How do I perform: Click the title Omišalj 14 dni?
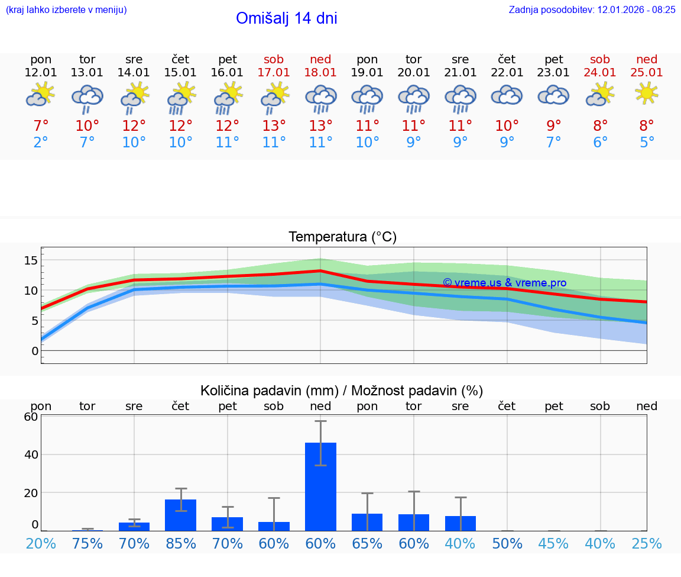click(287, 18)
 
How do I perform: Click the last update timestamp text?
click(592, 9)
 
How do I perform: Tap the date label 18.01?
click(320, 73)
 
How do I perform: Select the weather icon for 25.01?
click(647, 94)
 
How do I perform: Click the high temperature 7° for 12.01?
click(41, 126)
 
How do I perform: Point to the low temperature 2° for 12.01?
click(41, 143)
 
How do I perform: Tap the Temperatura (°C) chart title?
click(342, 237)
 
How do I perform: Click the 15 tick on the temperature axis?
click(31, 260)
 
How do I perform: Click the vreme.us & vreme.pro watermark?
click(504, 283)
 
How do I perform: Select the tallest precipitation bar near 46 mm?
click(320, 486)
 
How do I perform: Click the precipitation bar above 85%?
click(180, 515)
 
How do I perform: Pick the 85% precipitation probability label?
click(180, 543)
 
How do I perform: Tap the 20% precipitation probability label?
click(41, 543)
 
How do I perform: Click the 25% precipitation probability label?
click(647, 543)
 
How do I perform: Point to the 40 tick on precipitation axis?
click(31, 454)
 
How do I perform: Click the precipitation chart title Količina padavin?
click(342, 391)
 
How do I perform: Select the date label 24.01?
click(600, 73)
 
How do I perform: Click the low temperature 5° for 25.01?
click(647, 143)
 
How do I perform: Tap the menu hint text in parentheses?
click(66, 9)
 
